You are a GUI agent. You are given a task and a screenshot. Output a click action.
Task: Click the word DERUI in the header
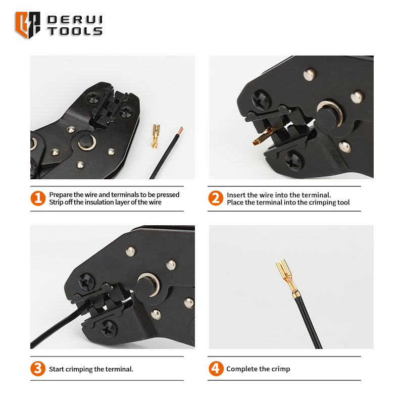pos(74,20)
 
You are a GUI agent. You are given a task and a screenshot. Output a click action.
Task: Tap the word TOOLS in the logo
pos(74,31)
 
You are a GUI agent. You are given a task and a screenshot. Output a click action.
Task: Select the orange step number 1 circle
pos(38,198)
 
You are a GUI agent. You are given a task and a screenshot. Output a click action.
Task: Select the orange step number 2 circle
pos(216,198)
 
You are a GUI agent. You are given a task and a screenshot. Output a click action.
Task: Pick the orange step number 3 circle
pos(38,369)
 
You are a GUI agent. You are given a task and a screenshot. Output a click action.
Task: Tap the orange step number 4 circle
pos(216,369)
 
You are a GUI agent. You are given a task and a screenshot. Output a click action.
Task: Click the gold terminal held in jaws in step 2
pos(260,138)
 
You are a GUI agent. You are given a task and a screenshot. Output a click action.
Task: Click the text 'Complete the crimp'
pos(258,369)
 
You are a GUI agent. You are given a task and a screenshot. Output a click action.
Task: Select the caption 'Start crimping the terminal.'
pos(91,369)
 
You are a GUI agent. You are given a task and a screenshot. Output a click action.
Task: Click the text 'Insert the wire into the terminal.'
pos(279,194)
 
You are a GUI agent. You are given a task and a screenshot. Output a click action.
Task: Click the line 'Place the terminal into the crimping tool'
pos(288,203)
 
